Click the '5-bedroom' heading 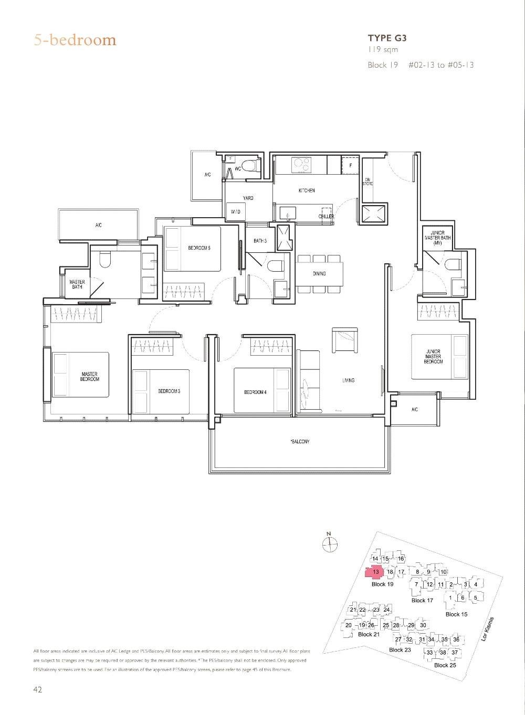tap(75, 40)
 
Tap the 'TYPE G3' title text tap(387, 38)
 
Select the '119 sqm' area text tap(383, 50)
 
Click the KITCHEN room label tap(307, 190)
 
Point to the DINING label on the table tap(319, 274)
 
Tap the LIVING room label tap(348, 380)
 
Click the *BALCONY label tap(300, 442)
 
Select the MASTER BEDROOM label tap(90, 377)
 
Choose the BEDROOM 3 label tap(169, 391)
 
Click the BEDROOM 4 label tap(255, 392)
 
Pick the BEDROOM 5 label tap(199, 248)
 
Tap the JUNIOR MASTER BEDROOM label tap(433, 357)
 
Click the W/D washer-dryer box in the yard tap(235, 212)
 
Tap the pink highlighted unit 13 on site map tap(375, 572)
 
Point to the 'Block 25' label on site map tap(445, 665)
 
